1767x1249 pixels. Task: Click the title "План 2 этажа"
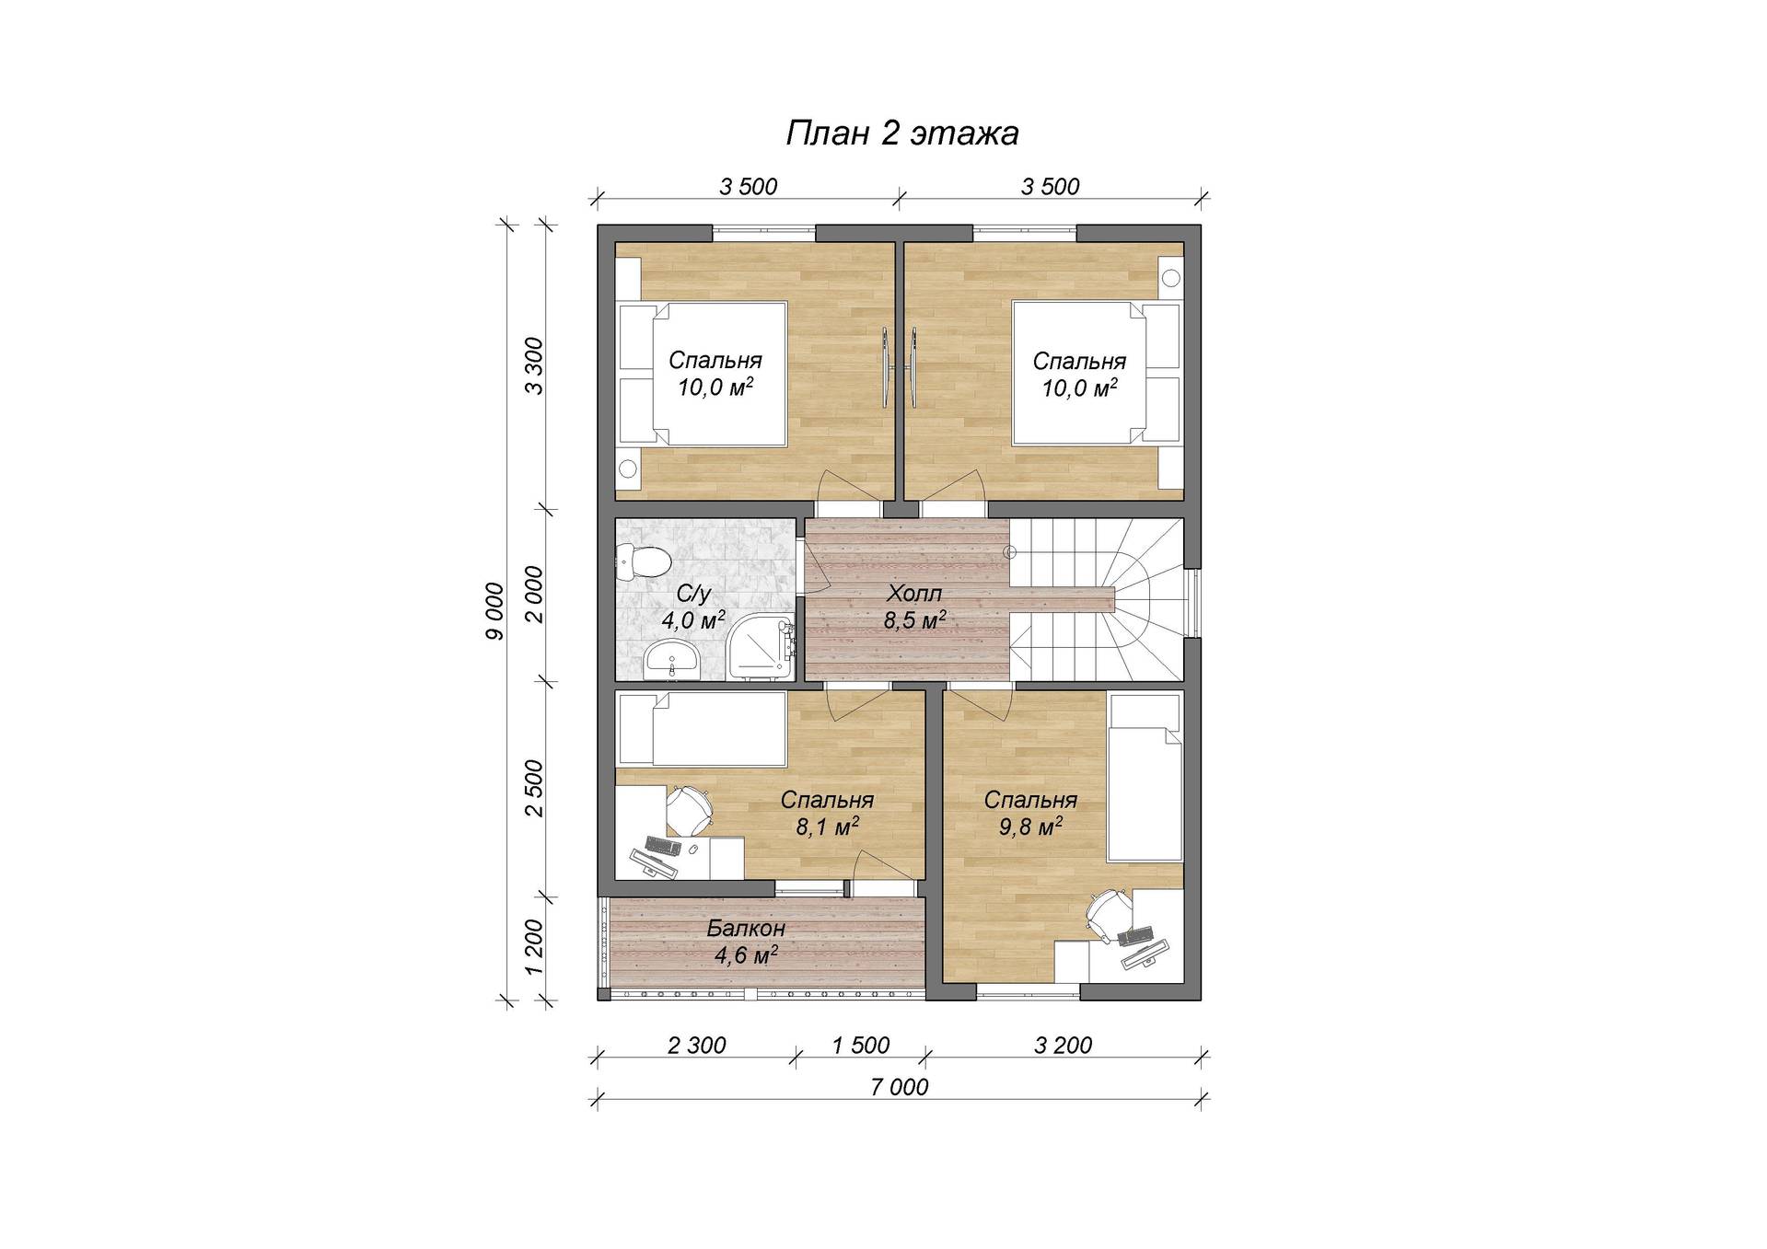click(x=901, y=133)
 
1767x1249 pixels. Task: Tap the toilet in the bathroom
click(x=644, y=561)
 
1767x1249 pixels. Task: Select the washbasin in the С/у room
click(x=671, y=659)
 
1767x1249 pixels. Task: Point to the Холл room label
click(x=914, y=593)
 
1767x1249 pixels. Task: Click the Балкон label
click(x=746, y=928)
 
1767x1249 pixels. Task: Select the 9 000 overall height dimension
click(x=495, y=611)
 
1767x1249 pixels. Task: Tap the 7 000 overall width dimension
click(x=899, y=1087)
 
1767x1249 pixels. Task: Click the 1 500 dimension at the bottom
click(x=861, y=1045)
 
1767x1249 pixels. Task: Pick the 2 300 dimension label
click(x=696, y=1045)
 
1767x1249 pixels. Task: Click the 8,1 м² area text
click(x=828, y=827)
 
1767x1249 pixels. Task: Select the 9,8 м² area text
click(x=1030, y=827)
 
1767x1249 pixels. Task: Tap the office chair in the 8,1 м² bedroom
click(x=687, y=807)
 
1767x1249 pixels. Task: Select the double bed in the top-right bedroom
click(x=1096, y=374)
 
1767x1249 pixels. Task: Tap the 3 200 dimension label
click(x=1063, y=1045)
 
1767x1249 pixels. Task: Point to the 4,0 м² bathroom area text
click(x=693, y=619)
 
